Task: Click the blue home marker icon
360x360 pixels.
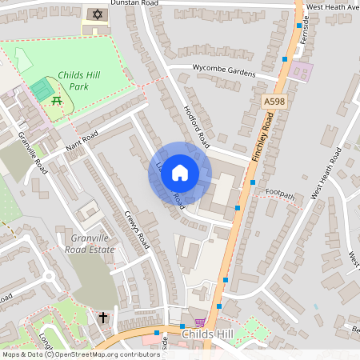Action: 180,172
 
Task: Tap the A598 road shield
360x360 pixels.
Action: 274,102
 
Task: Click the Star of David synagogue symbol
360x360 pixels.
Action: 98,15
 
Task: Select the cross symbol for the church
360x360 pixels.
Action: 102,318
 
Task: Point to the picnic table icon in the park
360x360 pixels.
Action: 57,100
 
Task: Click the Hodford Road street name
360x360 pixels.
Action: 196,125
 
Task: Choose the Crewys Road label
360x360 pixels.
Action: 137,230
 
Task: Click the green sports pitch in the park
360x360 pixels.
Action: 40,90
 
